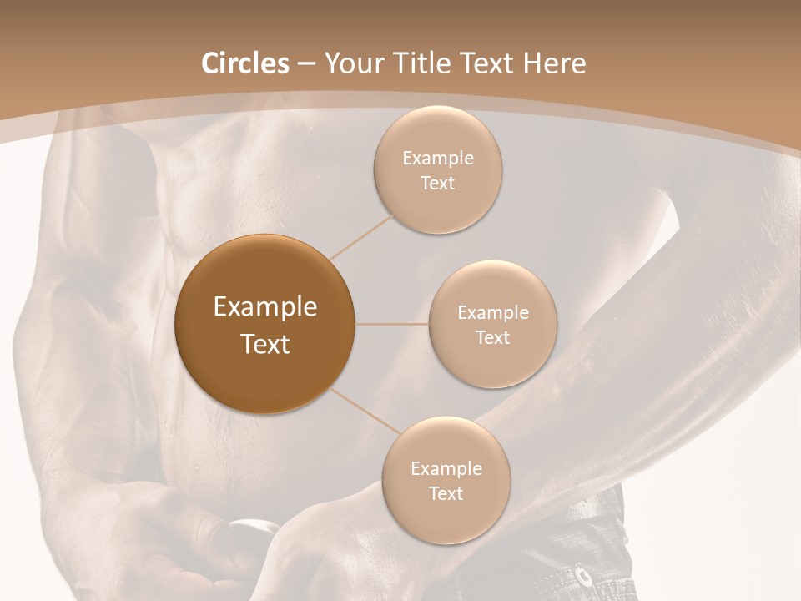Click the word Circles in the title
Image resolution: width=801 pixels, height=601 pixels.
244,63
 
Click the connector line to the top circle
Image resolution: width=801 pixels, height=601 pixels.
362,236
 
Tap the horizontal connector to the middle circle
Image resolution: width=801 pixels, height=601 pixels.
392,324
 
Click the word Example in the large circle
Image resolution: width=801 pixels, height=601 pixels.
265,307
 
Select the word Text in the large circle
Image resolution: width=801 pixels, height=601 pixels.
265,344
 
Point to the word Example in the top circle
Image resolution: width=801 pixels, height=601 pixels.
438,159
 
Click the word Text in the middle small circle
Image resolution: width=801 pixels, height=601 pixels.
492,337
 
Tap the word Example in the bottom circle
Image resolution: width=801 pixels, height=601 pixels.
446,469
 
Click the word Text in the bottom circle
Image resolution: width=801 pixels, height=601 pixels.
446,493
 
